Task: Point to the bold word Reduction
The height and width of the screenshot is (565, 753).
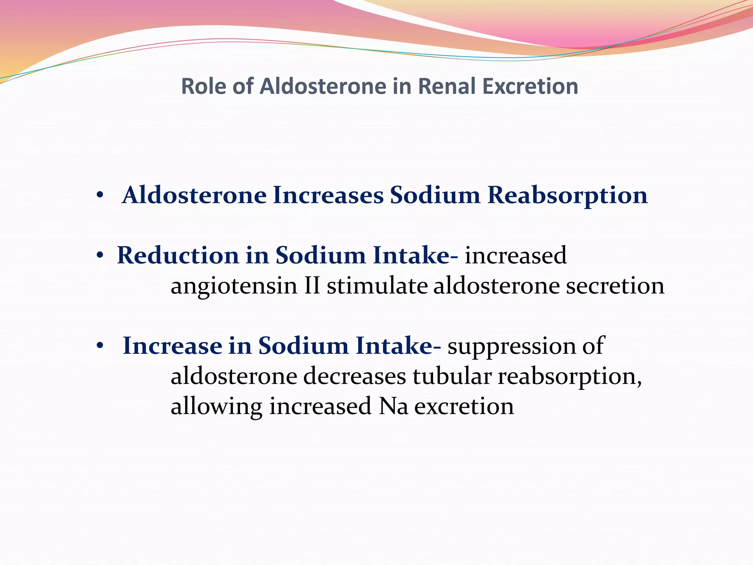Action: (x=178, y=255)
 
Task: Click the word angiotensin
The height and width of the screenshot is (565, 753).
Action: (x=234, y=286)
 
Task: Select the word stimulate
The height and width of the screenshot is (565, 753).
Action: (x=377, y=286)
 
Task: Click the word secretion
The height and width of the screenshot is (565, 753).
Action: (x=615, y=286)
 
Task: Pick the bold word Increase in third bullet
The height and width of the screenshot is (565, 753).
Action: (x=172, y=346)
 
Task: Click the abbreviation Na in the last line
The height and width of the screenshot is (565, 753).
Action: (x=393, y=406)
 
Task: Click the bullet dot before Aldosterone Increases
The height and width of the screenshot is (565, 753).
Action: (x=99, y=196)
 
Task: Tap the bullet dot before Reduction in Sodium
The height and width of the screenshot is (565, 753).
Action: (x=99, y=256)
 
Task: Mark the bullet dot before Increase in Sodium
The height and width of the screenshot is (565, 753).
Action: (x=99, y=346)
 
